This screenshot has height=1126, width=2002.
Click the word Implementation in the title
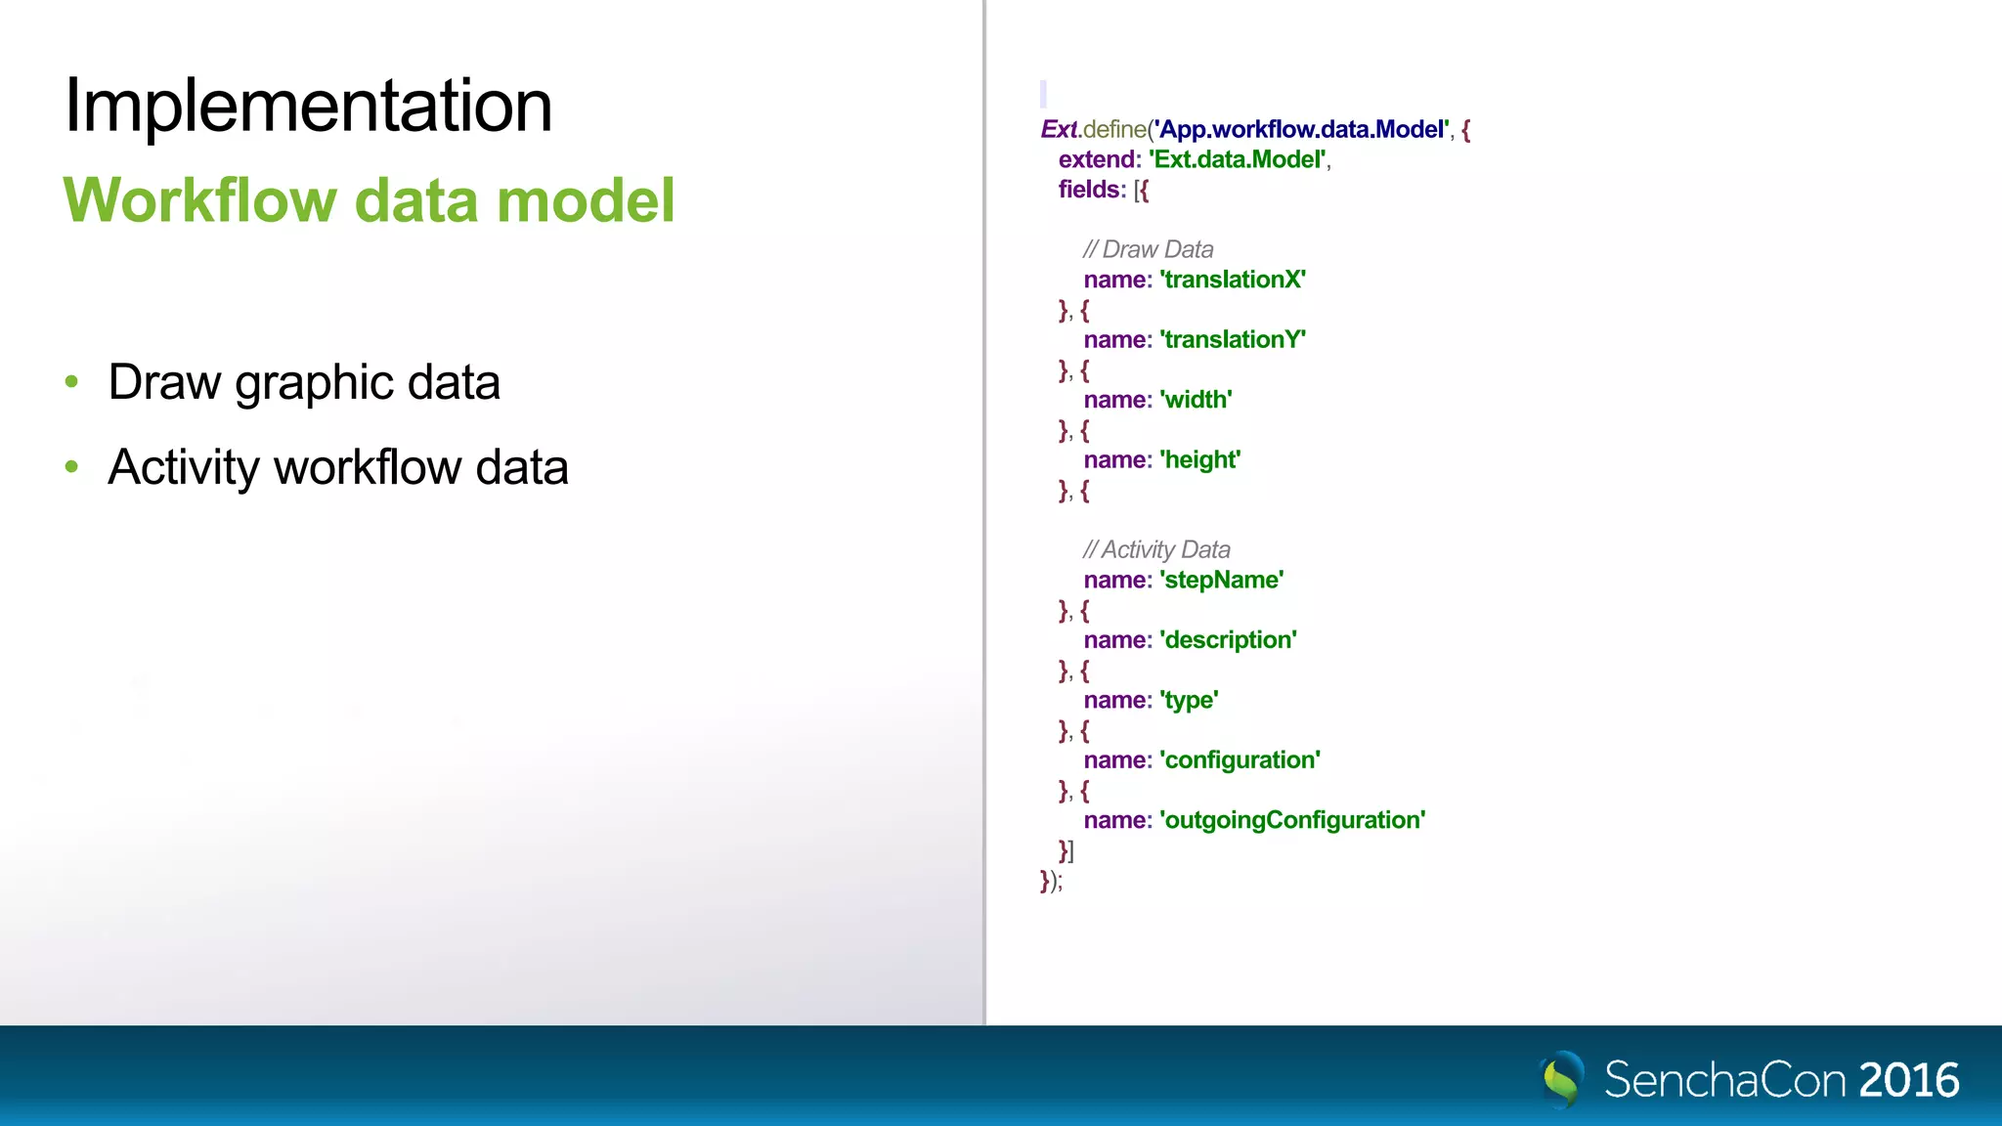coord(308,106)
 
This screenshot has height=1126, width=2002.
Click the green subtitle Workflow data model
coord(369,200)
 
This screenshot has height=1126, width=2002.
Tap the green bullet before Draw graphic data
coord(71,382)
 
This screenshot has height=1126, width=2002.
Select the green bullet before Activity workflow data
coord(71,467)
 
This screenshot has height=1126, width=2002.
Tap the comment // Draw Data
coord(1149,249)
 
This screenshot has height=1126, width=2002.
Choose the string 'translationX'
coord(1234,280)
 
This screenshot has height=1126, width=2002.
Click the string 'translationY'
coord(1234,339)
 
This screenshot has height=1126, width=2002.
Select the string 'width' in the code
coord(1197,400)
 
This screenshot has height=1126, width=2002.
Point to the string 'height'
coord(1200,459)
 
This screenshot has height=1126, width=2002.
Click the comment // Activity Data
coord(1156,549)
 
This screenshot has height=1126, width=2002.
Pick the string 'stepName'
coord(1222,580)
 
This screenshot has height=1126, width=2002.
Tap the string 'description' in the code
coord(1229,640)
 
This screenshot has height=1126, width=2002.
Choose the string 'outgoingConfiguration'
coord(1293,820)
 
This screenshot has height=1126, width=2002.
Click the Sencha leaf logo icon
coord(1562,1079)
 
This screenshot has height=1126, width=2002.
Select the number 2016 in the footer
coord(1909,1080)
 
